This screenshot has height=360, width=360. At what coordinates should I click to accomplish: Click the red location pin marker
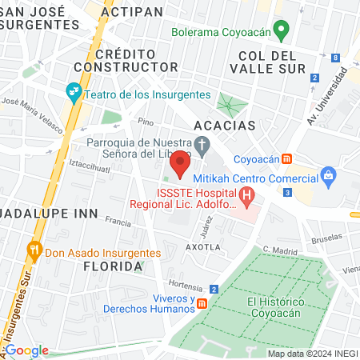tap(180, 165)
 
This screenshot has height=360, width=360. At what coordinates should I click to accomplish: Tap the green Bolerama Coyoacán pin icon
tap(281, 31)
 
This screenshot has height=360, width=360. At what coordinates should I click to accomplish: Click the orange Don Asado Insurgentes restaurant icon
tap(34, 249)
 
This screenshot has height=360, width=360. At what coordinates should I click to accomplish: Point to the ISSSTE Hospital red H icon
tap(246, 194)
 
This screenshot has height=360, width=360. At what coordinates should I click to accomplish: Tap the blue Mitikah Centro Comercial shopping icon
tap(327, 175)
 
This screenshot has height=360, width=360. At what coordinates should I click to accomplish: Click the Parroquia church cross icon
tap(202, 146)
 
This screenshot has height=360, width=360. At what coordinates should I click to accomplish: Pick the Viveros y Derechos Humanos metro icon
tap(202, 303)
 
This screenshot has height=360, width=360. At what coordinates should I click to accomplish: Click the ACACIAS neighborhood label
tap(225, 126)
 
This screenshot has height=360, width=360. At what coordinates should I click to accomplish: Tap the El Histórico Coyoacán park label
tap(277, 306)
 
